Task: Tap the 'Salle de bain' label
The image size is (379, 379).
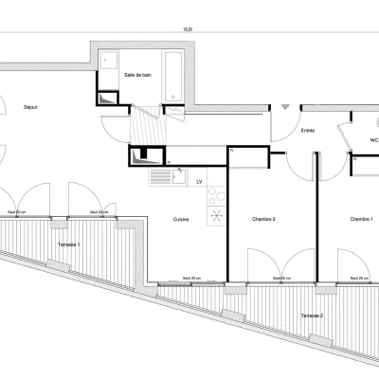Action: click(138, 74)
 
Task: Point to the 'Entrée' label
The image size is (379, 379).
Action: click(308, 132)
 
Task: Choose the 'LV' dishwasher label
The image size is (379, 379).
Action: click(200, 180)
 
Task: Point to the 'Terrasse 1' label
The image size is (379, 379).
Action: click(64, 245)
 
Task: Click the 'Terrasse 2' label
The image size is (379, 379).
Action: click(313, 315)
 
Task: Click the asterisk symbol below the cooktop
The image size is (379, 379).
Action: click(216, 220)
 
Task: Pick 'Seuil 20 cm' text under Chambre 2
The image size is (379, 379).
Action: click(281, 278)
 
